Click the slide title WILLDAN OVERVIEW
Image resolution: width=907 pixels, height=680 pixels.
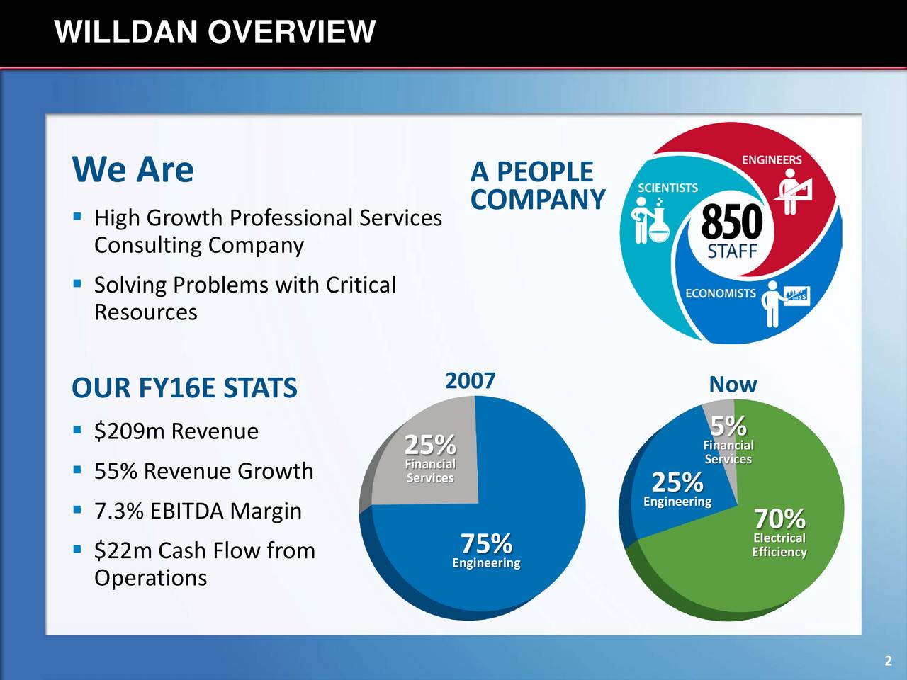(x=215, y=32)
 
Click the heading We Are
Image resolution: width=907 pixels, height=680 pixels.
(x=133, y=169)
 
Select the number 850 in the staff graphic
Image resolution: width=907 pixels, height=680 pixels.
(x=731, y=222)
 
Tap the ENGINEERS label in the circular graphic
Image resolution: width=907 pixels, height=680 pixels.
(x=772, y=160)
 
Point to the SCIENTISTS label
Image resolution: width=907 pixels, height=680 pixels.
(x=667, y=188)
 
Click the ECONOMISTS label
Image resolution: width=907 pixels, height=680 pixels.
(x=720, y=293)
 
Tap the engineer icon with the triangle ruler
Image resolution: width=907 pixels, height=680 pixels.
(x=794, y=191)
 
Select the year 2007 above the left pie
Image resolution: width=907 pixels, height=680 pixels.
(x=470, y=381)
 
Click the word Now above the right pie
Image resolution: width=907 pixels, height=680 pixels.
(x=733, y=385)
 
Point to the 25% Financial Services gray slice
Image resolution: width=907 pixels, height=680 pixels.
(x=430, y=457)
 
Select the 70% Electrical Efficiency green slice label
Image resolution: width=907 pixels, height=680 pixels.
(x=779, y=531)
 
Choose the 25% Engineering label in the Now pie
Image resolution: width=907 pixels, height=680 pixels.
(x=677, y=489)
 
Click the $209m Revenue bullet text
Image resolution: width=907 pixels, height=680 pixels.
(x=176, y=431)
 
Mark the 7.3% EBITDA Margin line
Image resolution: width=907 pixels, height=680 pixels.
(x=198, y=511)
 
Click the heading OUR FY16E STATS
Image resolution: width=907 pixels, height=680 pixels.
(x=184, y=388)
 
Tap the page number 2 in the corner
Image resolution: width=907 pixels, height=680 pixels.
(x=888, y=662)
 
